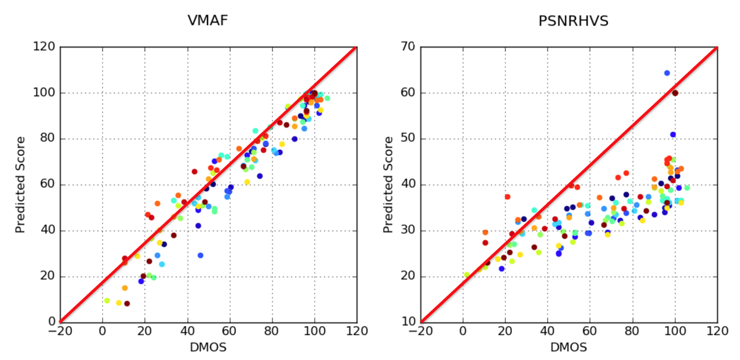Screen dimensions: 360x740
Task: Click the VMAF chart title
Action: click(x=207, y=21)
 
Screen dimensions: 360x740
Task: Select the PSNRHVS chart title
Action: click(x=568, y=21)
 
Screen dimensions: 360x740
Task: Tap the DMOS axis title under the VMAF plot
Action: click(x=207, y=348)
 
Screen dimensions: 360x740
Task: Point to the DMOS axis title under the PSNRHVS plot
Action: click(x=568, y=348)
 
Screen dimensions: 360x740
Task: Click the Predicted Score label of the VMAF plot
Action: click(x=21, y=185)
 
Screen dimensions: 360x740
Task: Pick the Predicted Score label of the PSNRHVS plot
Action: click(x=388, y=185)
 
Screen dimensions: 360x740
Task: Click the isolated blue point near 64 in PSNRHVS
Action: click(x=667, y=73)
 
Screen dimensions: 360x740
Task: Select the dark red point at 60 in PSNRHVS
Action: click(x=675, y=93)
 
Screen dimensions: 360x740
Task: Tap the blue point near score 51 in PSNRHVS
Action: click(x=673, y=135)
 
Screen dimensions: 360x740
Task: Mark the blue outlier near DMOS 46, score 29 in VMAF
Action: click(x=200, y=255)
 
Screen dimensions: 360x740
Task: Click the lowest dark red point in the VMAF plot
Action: click(x=127, y=304)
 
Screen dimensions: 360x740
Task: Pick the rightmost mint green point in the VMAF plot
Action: click(x=327, y=99)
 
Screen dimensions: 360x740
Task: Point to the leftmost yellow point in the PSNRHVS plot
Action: click(x=467, y=274)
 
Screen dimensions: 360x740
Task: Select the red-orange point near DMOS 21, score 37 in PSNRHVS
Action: click(x=507, y=197)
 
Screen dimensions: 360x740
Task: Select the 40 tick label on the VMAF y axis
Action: click(x=48, y=230)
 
